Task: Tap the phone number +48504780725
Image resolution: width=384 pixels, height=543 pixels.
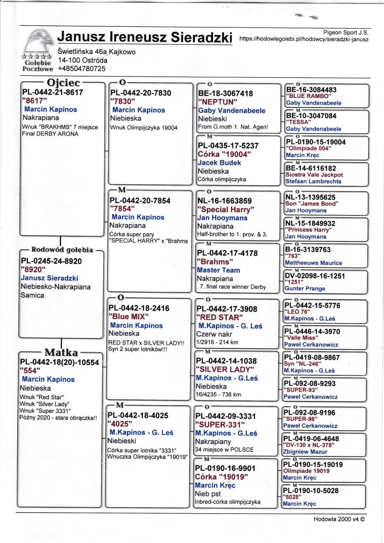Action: tap(82, 69)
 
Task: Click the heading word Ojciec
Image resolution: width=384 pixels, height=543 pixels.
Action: tap(63, 82)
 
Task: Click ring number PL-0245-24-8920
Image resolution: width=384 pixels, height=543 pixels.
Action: tap(51, 261)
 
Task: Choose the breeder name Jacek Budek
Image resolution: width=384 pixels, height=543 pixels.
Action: tap(219, 163)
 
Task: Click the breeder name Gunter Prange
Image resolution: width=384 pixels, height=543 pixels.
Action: tap(305, 289)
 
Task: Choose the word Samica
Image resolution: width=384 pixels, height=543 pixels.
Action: tap(32, 295)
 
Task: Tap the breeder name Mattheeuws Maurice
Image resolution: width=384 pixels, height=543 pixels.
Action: tap(313, 263)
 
